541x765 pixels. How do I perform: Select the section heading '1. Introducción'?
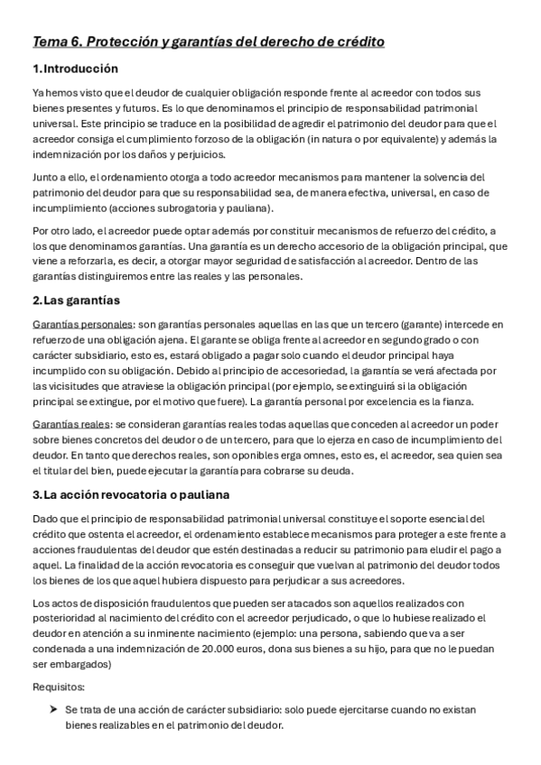point(75,69)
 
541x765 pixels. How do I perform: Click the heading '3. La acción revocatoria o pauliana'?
point(131,494)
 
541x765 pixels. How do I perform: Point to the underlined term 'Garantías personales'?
point(82,323)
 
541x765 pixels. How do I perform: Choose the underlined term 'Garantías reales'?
point(70,423)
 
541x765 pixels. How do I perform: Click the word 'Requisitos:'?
point(57,686)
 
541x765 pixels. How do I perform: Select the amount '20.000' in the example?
point(221,649)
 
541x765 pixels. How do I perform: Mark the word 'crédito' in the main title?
point(358,42)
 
